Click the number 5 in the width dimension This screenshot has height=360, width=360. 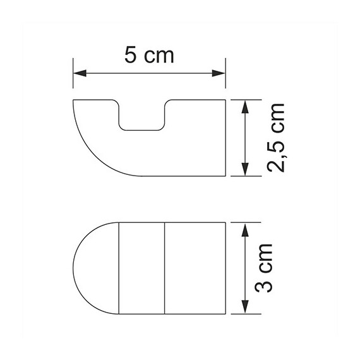pos(131,56)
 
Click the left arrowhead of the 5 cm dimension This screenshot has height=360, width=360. pos(77,75)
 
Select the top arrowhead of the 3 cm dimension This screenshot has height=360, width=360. pos(245,226)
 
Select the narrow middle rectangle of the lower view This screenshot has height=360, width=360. pos(142,268)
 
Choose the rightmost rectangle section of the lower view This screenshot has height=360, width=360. pos(195,268)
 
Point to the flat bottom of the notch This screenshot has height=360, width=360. pos(142,131)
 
